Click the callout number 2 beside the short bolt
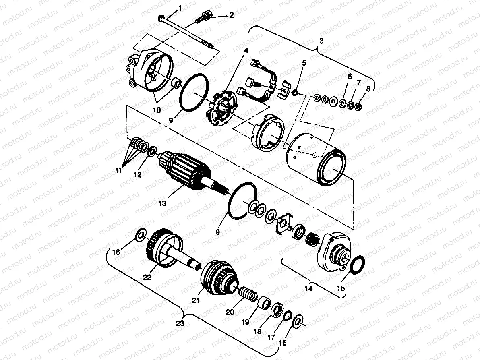(231, 15)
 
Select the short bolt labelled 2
(203, 17)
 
